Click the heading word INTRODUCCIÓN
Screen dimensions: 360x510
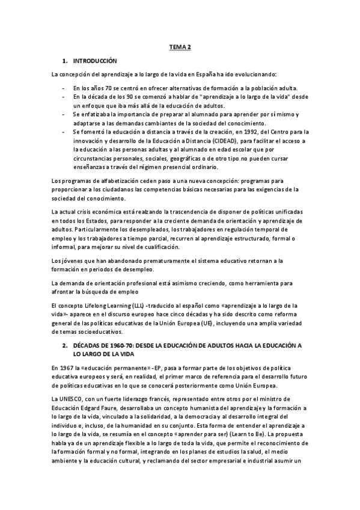tap(95, 61)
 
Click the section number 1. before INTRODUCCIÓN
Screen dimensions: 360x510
tap(65, 61)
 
